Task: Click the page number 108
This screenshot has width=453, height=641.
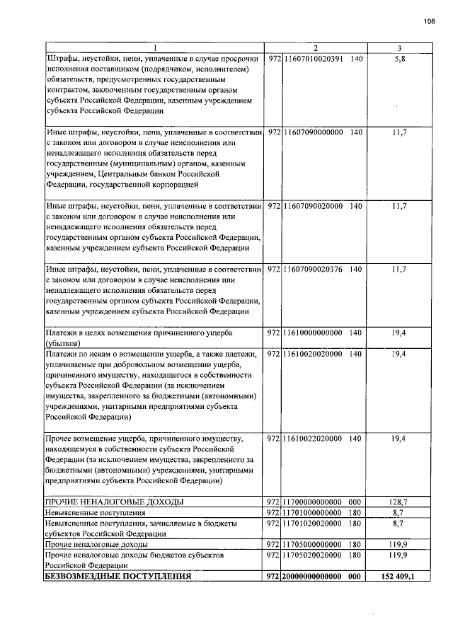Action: pos(429,21)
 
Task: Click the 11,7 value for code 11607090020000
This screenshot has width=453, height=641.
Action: pos(399,206)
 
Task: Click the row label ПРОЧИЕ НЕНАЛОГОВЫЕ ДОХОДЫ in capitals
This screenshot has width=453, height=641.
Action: pos(114,502)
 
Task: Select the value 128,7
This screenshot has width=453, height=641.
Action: pos(399,502)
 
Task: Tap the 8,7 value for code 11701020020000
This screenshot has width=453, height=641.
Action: pos(399,523)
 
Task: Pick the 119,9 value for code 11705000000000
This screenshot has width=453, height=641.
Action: pos(399,545)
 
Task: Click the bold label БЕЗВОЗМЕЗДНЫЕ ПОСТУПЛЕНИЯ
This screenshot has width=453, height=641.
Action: pos(117,577)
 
